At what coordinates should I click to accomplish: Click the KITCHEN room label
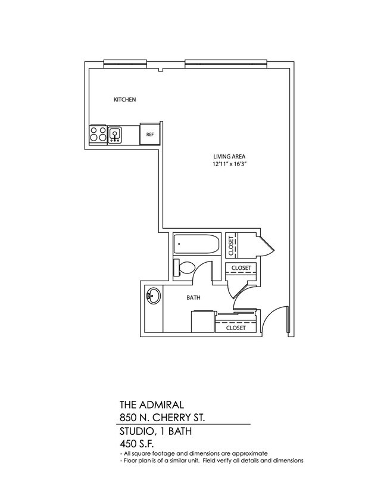[x=125, y=100]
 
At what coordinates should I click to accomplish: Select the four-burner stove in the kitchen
[x=98, y=135]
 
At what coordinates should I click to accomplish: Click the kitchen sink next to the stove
[x=115, y=135]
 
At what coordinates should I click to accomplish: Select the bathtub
[x=197, y=245]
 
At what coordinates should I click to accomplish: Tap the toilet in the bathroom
[x=183, y=268]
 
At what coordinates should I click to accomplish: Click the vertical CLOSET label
[x=231, y=245]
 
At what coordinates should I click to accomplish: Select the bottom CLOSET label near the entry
[x=236, y=328]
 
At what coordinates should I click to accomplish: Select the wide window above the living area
[x=226, y=62]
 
